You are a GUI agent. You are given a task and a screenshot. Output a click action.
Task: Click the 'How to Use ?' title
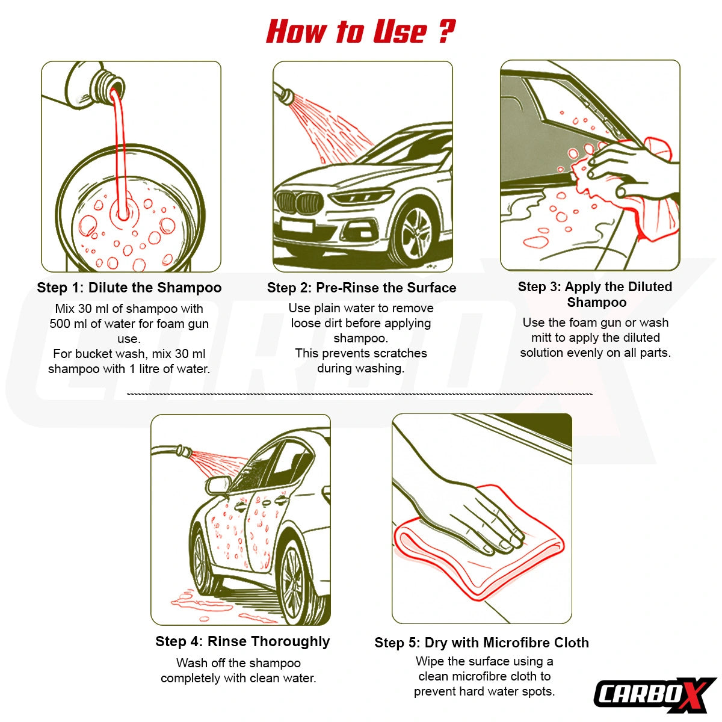click(x=360, y=31)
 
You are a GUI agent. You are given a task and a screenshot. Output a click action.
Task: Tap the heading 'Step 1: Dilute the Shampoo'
click(x=129, y=288)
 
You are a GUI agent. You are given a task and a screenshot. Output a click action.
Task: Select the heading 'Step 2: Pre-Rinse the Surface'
click(x=362, y=288)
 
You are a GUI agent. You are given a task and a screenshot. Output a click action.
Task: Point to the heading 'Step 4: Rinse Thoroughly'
click(x=242, y=641)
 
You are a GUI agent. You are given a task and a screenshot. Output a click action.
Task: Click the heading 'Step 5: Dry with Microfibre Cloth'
click(x=481, y=643)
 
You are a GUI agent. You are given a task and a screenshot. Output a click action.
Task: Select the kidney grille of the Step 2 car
click(x=300, y=203)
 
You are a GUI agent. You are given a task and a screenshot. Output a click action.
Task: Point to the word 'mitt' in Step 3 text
click(x=541, y=338)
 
